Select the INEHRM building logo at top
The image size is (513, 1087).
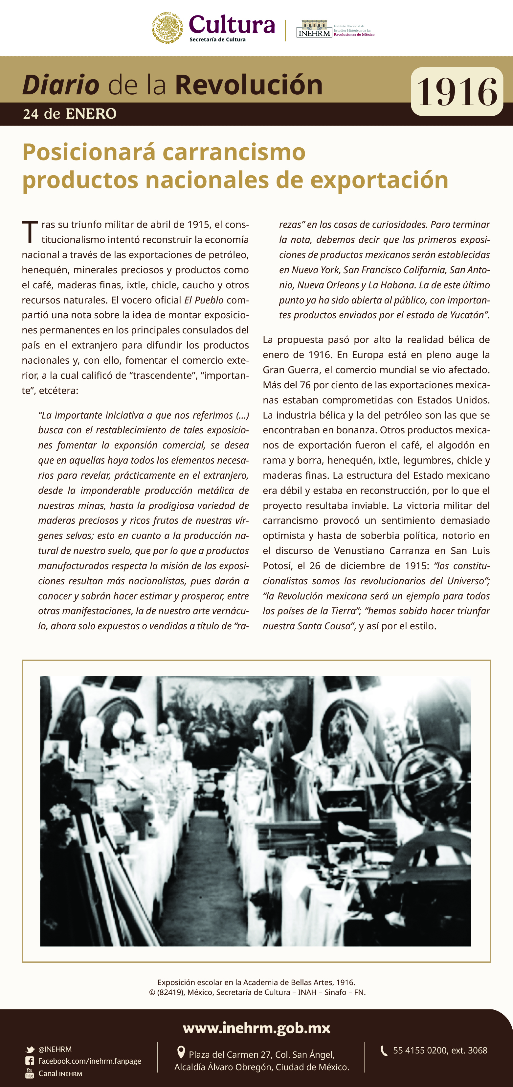tap(314, 29)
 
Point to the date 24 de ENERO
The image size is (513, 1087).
tap(70, 114)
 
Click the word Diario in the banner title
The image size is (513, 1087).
tap(60, 85)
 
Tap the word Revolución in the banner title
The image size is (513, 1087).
tap(249, 85)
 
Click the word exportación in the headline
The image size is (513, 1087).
tap(379, 180)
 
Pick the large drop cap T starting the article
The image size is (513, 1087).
tap(30, 232)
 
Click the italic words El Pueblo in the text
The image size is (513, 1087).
tap(204, 300)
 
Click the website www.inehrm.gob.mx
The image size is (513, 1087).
tap(256, 1027)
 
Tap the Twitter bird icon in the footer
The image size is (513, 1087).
tap(30, 1050)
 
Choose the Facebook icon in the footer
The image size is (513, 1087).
tap(30, 1061)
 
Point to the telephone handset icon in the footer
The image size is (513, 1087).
tap(384, 1051)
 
